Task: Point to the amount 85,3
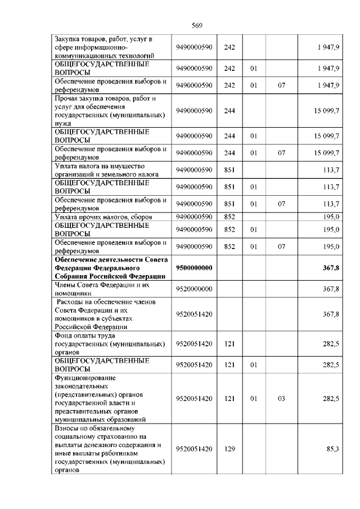[x=332, y=449]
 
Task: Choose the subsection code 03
[x=281, y=398]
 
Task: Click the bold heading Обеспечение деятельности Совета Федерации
[x=109, y=268]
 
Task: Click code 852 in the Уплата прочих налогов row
[x=229, y=217]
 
